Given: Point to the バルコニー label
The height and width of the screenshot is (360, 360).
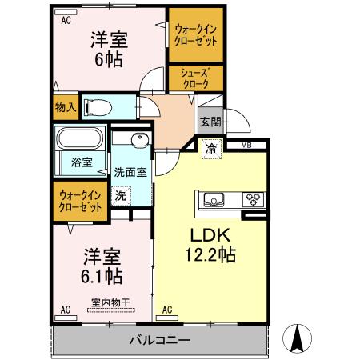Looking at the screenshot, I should coord(160,340).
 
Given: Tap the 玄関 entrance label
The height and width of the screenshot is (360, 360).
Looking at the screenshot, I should coord(210,122).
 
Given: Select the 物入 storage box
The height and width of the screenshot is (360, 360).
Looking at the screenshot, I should coord(66,107).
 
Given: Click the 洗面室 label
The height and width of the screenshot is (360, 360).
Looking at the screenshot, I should coord(128,171).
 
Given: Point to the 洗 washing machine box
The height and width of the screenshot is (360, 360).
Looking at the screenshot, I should coord(119,194).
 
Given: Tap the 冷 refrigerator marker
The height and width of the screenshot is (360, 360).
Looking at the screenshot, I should coord(210,149).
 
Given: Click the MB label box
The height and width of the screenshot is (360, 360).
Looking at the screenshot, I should coord(245,145).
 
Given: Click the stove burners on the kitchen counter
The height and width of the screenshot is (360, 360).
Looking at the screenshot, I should coord(254,199).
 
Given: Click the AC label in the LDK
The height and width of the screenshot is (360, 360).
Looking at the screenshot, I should coord(167,308).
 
